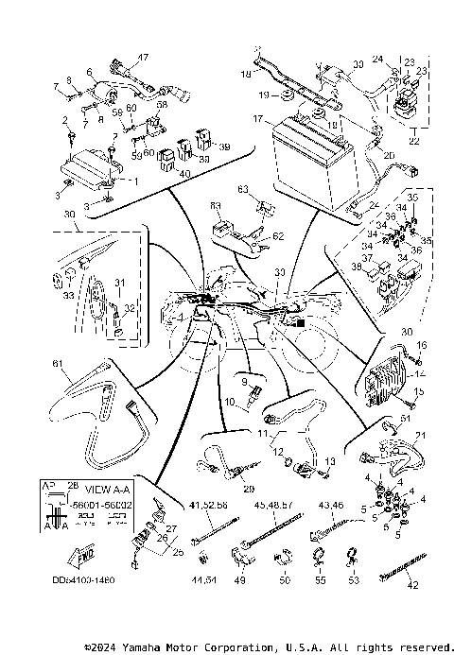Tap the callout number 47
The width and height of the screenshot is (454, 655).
[x=145, y=59]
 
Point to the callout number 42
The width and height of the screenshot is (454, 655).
[x=410, y=585]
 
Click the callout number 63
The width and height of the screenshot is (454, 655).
[x=242, y=190]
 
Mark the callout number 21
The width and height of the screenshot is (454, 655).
[x=420, y=435]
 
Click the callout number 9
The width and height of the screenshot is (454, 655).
[x=243, y=381]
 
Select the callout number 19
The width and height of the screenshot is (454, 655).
[x=261, y=96]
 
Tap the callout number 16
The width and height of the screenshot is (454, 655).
[x=422, y=346]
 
